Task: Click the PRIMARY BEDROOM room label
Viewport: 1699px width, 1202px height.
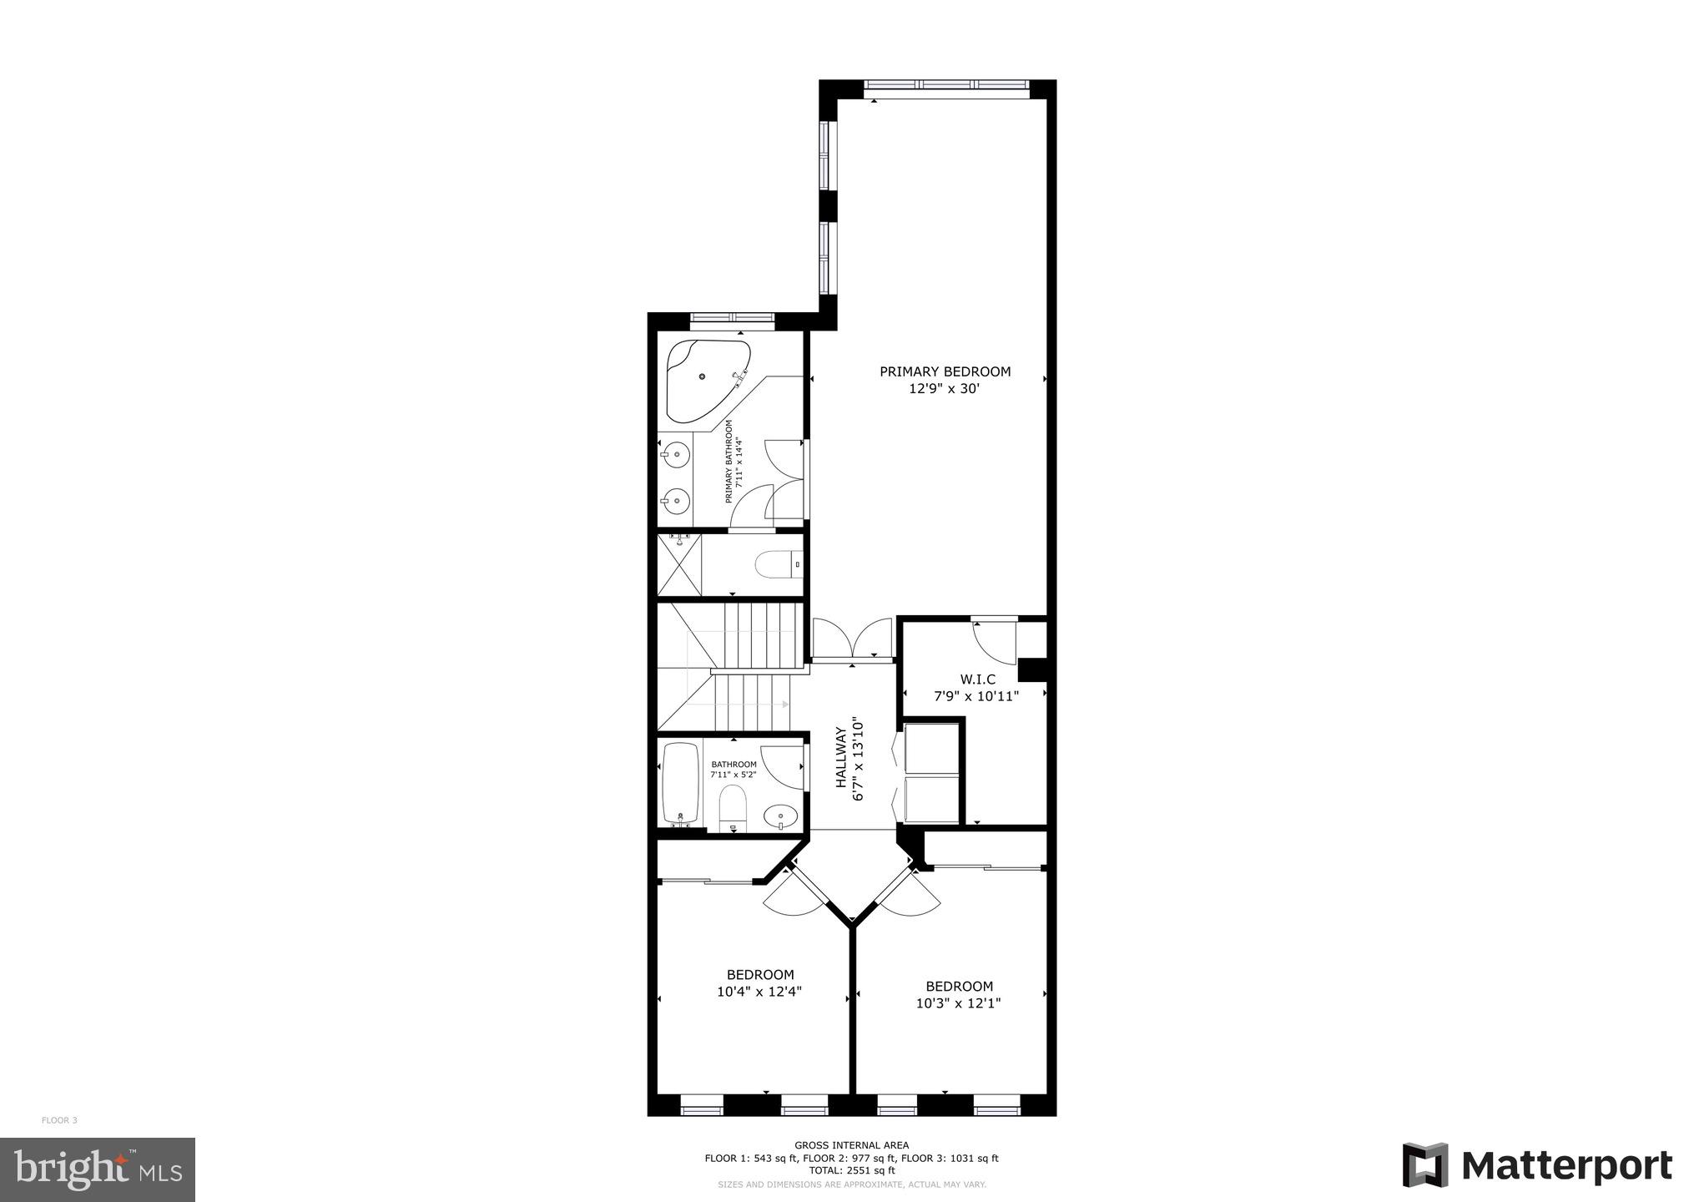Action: pyautogui.click(x=945, y=371)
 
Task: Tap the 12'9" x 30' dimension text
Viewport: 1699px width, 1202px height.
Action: pyautogui.click(x=944, y=388)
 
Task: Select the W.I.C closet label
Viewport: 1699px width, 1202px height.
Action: pyautogui.click(x=976, y=679)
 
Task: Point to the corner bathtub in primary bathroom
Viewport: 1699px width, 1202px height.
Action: pyautogui.click(x=704, y=380)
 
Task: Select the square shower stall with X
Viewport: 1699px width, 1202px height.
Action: pyautogui.click(x=679, y=565)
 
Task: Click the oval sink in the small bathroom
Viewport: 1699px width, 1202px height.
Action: pyautogui.click(x=781, y=815)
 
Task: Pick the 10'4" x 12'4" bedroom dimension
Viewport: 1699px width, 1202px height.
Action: pyautogui.click(x=759, y=992)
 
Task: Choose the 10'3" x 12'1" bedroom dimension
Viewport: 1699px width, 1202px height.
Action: pyautogui.click(x=958, y=1003)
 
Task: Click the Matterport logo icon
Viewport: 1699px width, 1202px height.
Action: pyautogui.click(x=1425, y=1164)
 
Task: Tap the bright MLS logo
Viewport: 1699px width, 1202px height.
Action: pyautogui.click(x=98, y=1169)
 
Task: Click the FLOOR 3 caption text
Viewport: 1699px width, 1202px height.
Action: pyautogui.click(x=59, y=1120)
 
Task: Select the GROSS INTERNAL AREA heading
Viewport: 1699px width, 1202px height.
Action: pyautogui.click(x=851, y=1145)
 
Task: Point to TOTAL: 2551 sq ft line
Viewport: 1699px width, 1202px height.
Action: pyautogui.click(x=851, y=1170)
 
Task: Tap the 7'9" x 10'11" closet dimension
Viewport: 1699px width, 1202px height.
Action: pyautogui.click(x=976, y=696)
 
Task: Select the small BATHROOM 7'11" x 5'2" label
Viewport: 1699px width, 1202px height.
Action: pyautogui.click(x=734, y=770)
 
